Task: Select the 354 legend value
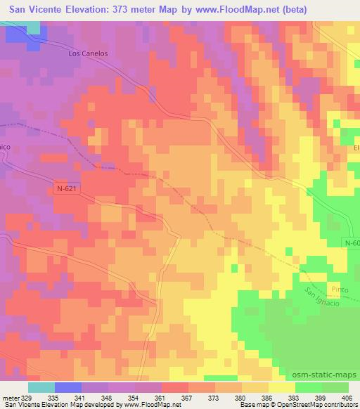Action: (x=136, y=397)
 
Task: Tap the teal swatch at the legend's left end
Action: (x=41, y=387)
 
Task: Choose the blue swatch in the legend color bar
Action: (x=68, y=387)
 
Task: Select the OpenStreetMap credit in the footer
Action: (x=288, y=405)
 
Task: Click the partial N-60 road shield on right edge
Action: (x=352, y=242)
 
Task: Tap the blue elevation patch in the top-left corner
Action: (x=32, y=32)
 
